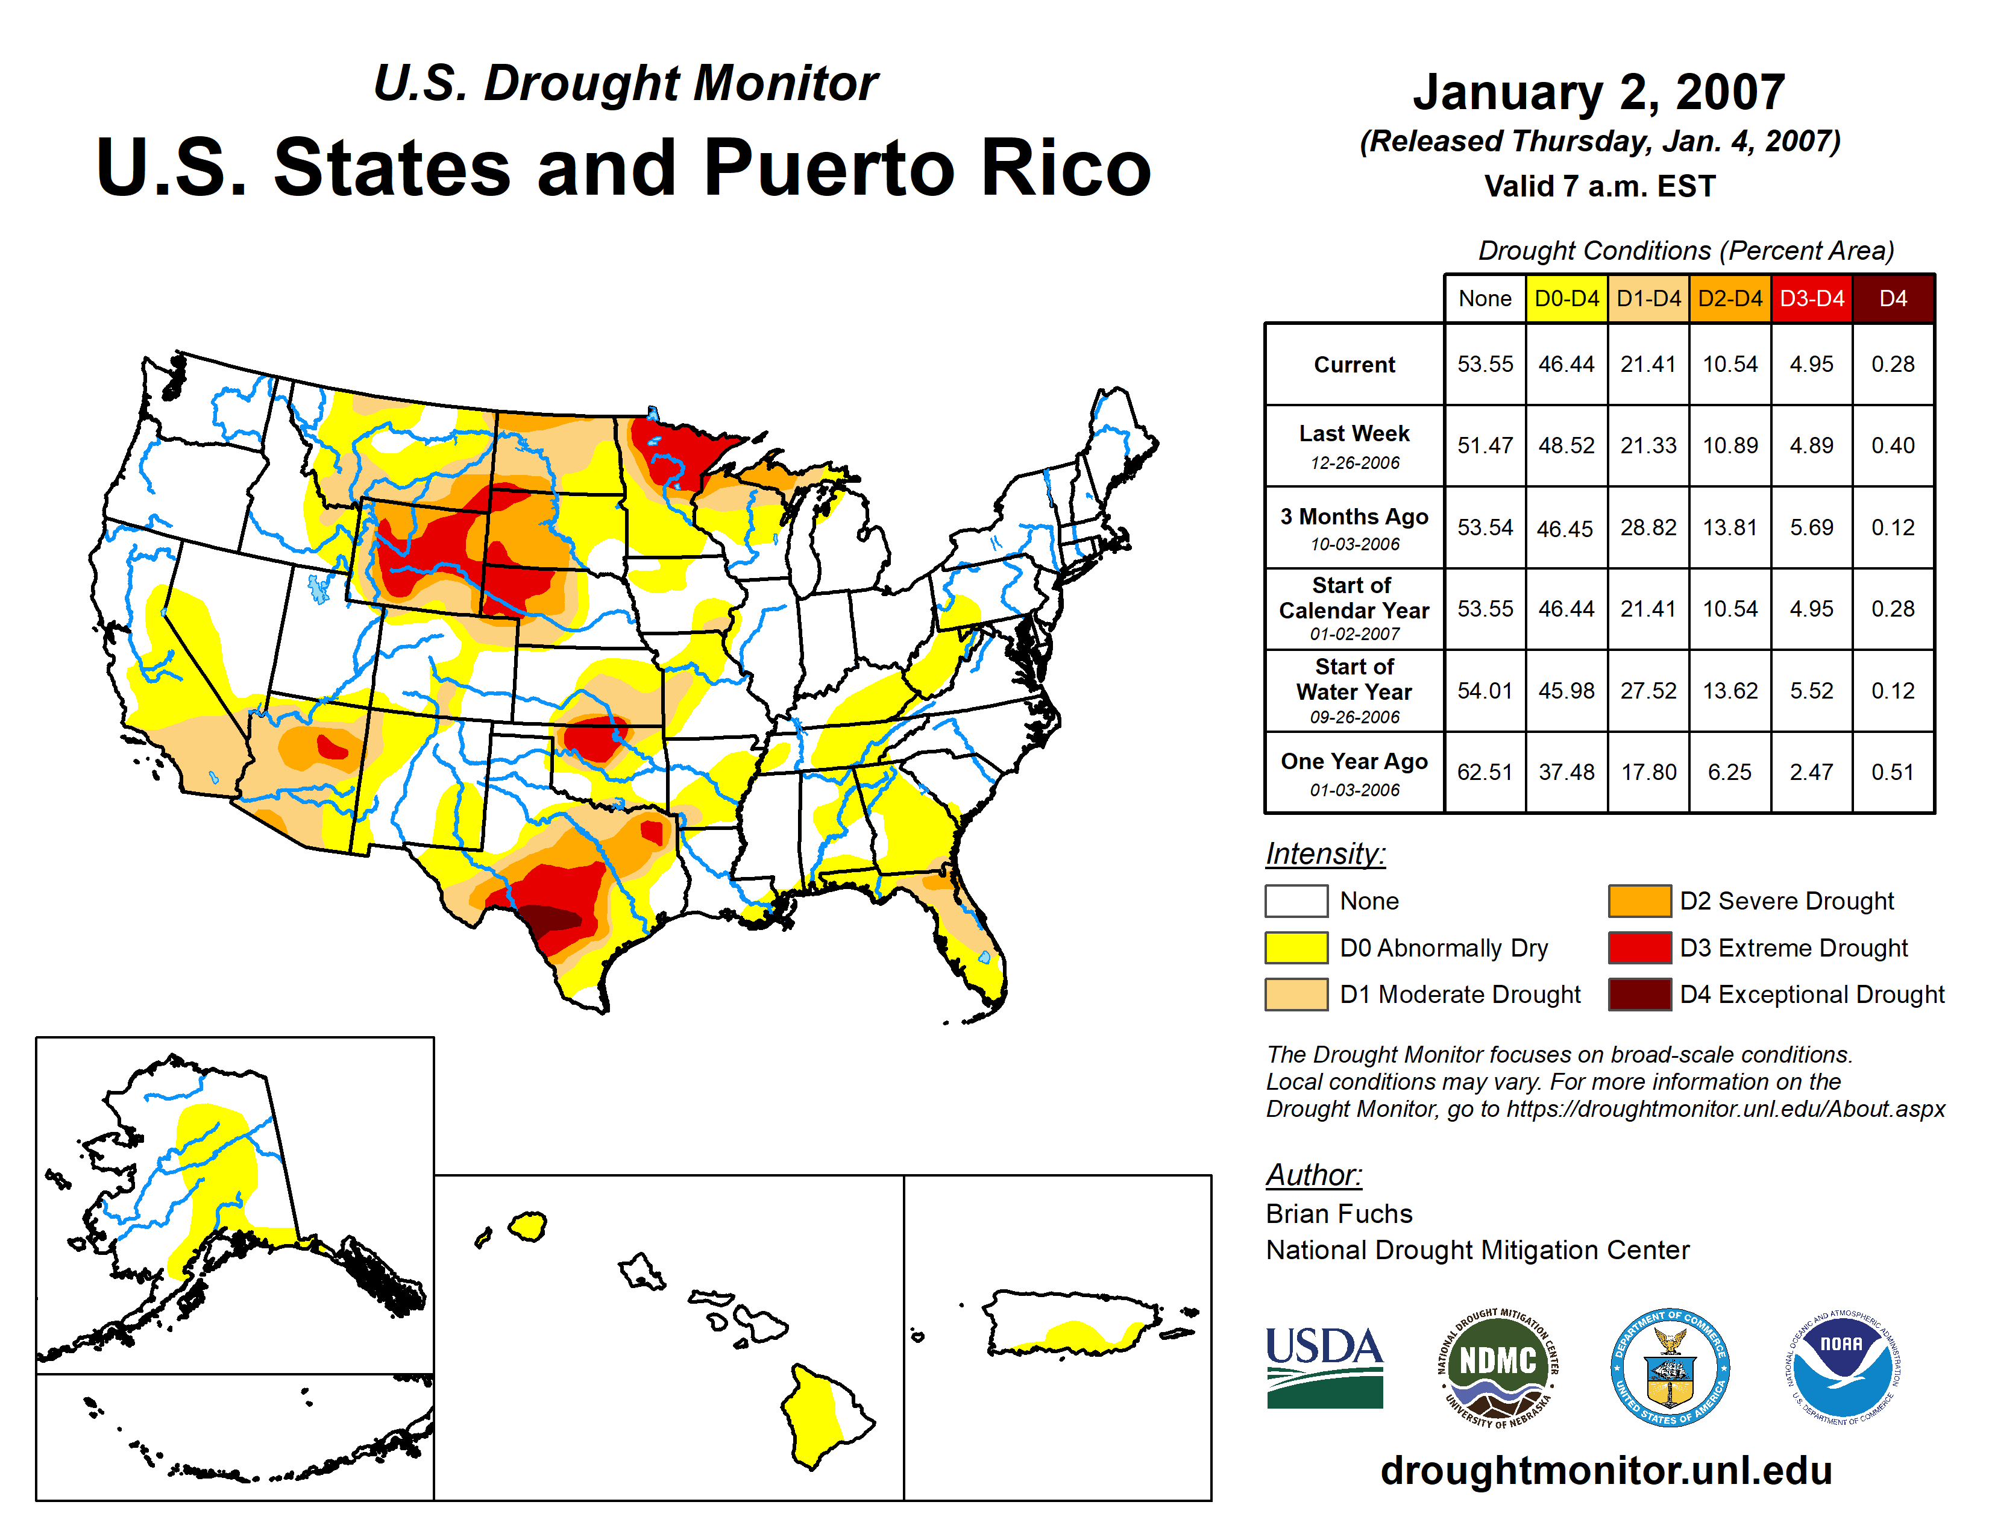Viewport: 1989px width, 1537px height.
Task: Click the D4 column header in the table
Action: coord(1893,298)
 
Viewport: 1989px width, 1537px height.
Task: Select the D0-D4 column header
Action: coord(1566,298)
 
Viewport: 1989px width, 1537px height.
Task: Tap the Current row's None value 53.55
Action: coord(1485,364)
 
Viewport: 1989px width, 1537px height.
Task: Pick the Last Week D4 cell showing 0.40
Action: coord(1893,445)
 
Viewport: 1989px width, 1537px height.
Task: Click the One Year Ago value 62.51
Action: coord(1485,772)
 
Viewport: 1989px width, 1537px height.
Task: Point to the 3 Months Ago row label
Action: coord(1354,527)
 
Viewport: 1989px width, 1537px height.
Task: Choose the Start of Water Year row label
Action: coord(1354,690)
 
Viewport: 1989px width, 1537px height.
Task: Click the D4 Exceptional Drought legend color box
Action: coord(1639,995)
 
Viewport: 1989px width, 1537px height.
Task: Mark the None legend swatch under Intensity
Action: coord(1296,901)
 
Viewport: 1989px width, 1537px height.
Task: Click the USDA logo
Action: coord(1324,1366)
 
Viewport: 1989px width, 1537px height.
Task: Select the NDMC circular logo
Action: coord(1498,1366)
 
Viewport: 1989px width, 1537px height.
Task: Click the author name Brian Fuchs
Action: coord(1339,1214)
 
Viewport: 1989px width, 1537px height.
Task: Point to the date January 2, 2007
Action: coord(1598,92)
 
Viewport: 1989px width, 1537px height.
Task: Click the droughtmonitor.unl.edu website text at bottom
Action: coord(1606,1471)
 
